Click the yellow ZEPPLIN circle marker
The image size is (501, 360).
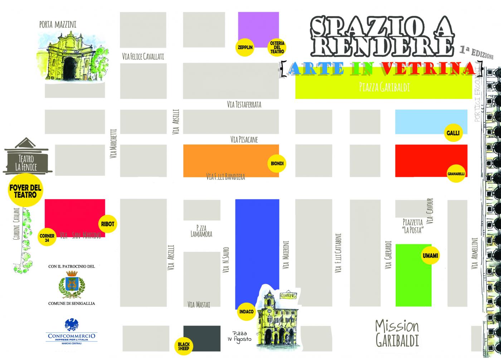click(245, 47)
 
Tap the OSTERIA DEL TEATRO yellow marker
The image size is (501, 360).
click(277, 47)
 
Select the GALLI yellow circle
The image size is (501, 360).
click(453, 133)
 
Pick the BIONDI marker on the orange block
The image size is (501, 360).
click(277, 164)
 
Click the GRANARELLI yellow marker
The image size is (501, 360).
click(456, 174)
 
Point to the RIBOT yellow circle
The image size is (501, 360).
click(107, 224)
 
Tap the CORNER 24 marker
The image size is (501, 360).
click(47, 238)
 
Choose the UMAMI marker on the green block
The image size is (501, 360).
click(430, 255)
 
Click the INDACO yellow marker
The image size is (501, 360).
click(246, 311)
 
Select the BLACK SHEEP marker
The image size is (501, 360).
click(184, 346)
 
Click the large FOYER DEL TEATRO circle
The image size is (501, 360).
click(25, 191)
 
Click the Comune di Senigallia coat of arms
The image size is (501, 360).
click(72, 285)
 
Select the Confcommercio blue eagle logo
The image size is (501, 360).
click(72, 325)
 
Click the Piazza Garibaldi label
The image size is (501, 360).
click(384, 87)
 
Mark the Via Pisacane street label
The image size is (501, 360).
click(244, 139)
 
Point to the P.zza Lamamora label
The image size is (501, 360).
click(201, 231)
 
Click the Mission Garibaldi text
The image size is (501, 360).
click(397, 333)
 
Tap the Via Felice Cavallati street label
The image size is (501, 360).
click(143, 56)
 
